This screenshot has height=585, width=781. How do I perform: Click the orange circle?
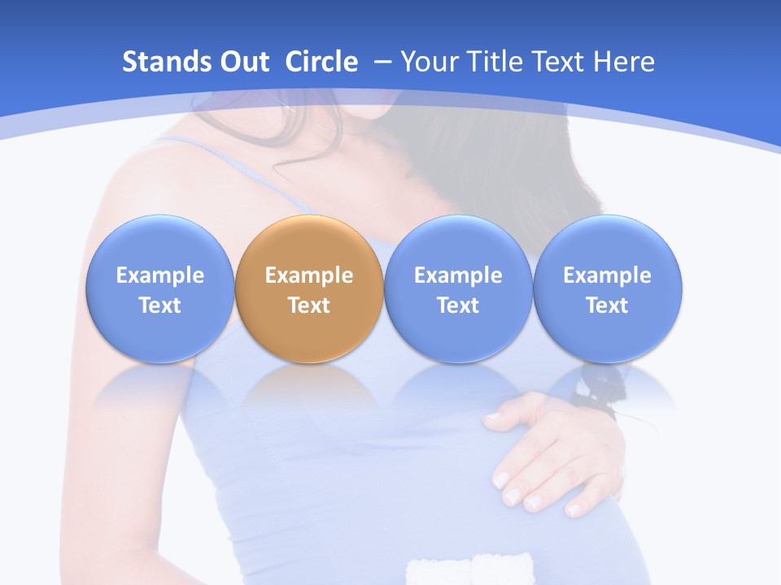click(309, 288)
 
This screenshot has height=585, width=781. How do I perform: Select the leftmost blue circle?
click(160, 288)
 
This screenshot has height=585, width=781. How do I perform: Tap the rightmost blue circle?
click(607, 288)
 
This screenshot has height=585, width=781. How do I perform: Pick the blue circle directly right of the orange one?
click(458, 288)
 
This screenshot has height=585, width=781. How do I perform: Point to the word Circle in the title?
click(321, 62)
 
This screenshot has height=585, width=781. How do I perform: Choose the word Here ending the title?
click(624, 62)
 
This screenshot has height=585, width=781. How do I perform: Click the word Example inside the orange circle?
click(309, 275)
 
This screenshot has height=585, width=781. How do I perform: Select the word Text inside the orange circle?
click(309, 305)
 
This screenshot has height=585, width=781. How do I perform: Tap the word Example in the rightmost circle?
click(607, 275)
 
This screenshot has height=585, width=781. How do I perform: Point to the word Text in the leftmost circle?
click(160, 305)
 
